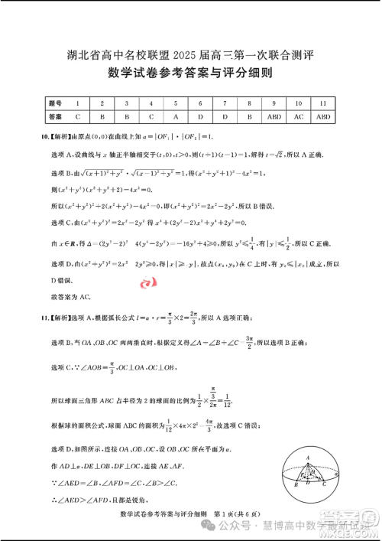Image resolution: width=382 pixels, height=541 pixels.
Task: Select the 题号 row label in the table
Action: pos(54,103)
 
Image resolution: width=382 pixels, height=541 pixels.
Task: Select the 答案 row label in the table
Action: pos(54,117)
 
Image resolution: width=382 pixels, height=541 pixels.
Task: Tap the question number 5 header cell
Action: pos(176,103)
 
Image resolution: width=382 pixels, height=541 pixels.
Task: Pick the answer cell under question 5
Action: pos(176,117)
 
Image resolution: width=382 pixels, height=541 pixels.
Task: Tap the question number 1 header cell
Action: pos(78,103)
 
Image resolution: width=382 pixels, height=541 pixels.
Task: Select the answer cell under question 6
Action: pos(200,117)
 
